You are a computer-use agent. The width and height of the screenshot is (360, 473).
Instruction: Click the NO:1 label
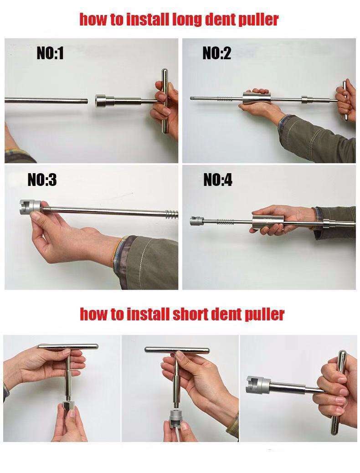click(x=50, y=54)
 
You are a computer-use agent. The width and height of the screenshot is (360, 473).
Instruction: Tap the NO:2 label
click(x=216, y=54)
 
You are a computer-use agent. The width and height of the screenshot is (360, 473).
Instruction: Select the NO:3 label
click(x=42, y=180)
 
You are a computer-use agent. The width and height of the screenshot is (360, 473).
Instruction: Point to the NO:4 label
click(x=217, y=181)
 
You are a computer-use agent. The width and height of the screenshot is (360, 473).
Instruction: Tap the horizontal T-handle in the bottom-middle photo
click(x=178, y=350)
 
